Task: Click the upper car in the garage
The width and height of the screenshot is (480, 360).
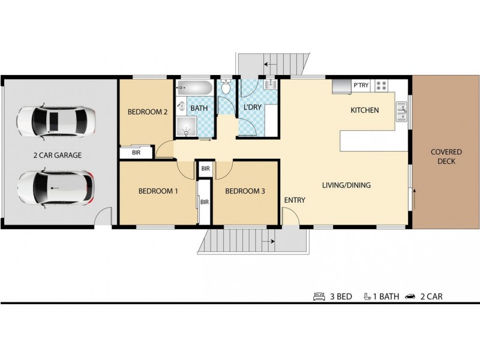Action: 56,122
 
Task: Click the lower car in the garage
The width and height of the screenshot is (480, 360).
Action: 56,188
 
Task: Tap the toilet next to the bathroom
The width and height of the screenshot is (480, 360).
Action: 226,86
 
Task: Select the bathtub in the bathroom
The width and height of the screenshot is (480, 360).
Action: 194,88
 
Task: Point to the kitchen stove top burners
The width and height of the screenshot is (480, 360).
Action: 382,85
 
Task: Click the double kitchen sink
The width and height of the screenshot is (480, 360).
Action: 401,112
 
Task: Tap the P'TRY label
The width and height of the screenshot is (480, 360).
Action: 361,85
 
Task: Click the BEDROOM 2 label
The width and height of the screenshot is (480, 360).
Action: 147,112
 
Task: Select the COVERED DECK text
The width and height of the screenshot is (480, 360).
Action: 446,157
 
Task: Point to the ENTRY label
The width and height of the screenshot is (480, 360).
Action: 295,200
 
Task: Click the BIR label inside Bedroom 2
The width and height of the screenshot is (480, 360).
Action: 136,152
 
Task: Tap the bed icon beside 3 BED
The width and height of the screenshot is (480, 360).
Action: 319,296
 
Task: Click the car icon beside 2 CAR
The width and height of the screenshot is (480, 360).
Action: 410,296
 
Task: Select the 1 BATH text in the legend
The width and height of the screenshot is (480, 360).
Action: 386,296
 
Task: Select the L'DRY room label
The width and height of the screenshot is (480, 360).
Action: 252,107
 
